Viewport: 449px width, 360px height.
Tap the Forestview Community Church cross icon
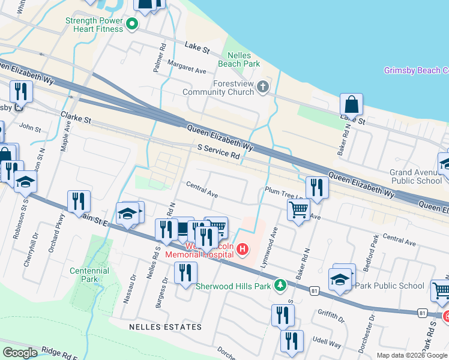(x=262, y=88)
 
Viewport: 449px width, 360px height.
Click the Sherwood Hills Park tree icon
(x=279, y=284)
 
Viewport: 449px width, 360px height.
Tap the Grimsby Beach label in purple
(x=415, y=71)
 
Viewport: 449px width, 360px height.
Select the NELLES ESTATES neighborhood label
(x=165, y=326)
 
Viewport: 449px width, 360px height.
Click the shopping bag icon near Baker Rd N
(x=352, y=104)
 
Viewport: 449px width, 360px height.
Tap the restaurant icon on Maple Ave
(x=79, y=202)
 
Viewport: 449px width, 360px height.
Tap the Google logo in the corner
(x=20, y=353)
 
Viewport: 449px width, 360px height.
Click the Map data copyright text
(x=412, y=355)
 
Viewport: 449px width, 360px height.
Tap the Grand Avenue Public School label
(x=416, y=176)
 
